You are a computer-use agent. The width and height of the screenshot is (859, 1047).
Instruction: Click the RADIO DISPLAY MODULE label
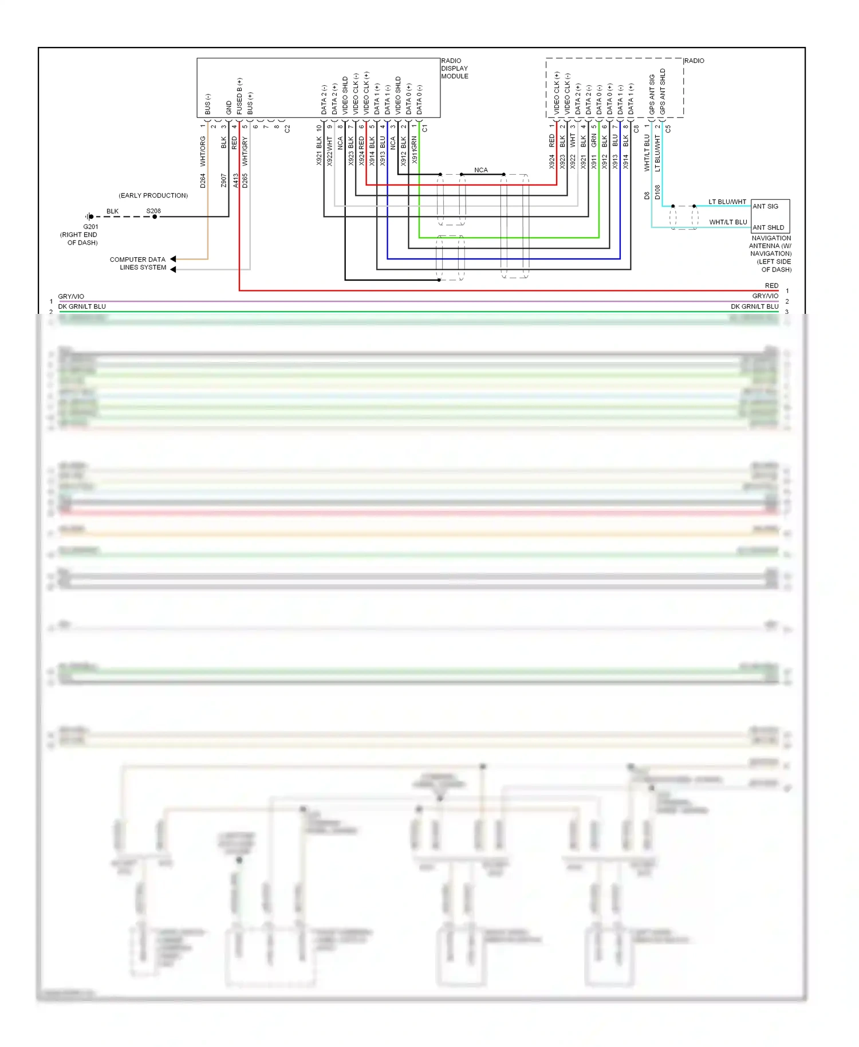[454, 68]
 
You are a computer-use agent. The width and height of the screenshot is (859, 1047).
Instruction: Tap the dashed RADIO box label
[693, 61]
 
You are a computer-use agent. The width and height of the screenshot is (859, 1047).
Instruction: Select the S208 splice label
[153, 211]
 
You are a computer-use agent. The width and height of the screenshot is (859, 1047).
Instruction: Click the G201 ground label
[90, 227]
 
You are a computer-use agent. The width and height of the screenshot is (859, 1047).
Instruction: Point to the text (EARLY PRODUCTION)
[153, 196]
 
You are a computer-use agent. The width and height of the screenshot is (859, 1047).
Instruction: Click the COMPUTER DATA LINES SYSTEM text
[138, 263]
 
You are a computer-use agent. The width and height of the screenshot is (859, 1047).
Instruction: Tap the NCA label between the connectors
[481, 170]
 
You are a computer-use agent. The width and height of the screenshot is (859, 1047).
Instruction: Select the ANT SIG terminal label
[765, 206]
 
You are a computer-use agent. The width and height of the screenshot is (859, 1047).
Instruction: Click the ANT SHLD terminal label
[768, 227]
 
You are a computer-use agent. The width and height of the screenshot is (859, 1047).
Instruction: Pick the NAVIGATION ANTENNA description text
[771, 254]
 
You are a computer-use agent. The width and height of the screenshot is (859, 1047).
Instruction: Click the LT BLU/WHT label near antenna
[727, 202]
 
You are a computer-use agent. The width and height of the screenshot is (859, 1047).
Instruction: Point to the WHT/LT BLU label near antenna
[728, 222]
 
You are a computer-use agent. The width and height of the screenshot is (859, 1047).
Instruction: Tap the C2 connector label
[287, 129]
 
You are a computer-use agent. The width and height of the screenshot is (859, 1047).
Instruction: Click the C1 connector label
[424, 129]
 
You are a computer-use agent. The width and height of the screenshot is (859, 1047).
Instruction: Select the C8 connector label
[636, 129]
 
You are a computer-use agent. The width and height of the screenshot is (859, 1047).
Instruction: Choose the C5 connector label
[668, 129]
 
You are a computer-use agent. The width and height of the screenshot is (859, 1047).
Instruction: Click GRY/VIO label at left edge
[71, 297]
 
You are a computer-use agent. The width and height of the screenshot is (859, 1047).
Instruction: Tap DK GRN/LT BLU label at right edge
[754, 306]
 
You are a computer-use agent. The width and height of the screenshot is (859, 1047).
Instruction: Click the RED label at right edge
[771, 286]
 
